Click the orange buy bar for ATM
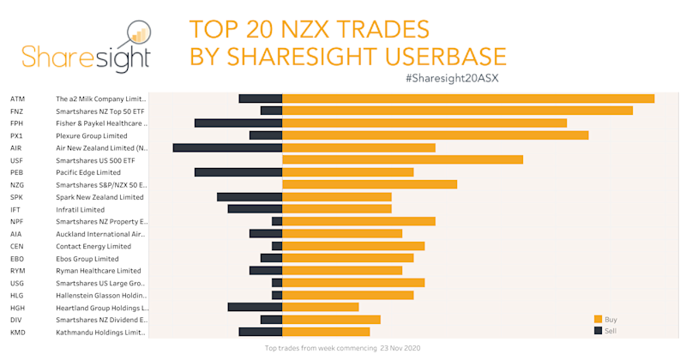(x=468, y=99)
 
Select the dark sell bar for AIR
(x=227, y=147)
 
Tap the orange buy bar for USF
(x=402, y=159)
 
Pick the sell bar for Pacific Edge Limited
(x=238, y=172)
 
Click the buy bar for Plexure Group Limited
(x=435, y=135)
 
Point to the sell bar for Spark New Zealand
(x=250, y=197)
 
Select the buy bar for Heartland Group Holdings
(x=320, y=307)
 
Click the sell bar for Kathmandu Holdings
(x=260, y=332)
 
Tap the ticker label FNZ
(x=17, y=111)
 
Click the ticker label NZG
(x=17, y=184)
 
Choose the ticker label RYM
(x=17, y=270)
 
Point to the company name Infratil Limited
(x=80, y=209)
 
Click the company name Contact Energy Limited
(x=93, y=246)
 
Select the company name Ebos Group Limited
(x=87, y=258)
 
